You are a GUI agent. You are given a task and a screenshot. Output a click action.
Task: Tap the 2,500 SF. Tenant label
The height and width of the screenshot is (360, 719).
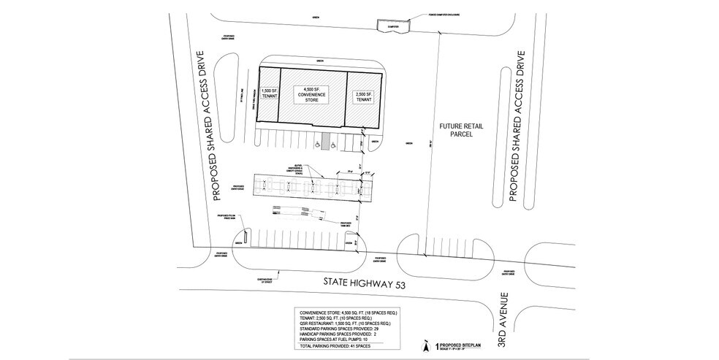pyautogui.click(x=363, y=97)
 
